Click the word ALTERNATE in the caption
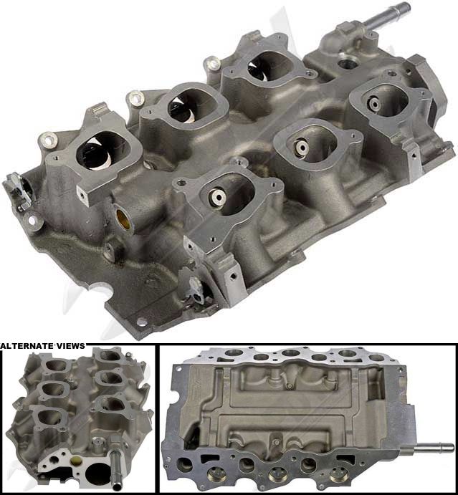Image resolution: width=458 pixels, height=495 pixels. (x=27, y=346)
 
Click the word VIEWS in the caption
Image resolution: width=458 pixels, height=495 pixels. (x=70, y=346)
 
